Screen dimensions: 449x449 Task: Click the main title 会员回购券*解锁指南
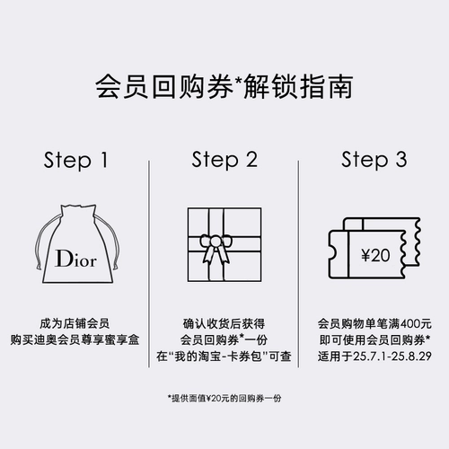coord(224,88)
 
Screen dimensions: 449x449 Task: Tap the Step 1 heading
coord(76,161)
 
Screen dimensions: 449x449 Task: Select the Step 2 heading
coord(224,161)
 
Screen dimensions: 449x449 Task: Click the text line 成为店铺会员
coord(76,321)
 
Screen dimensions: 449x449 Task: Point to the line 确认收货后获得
coord(224,321)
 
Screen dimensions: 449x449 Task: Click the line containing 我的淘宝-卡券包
coord(224,356)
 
